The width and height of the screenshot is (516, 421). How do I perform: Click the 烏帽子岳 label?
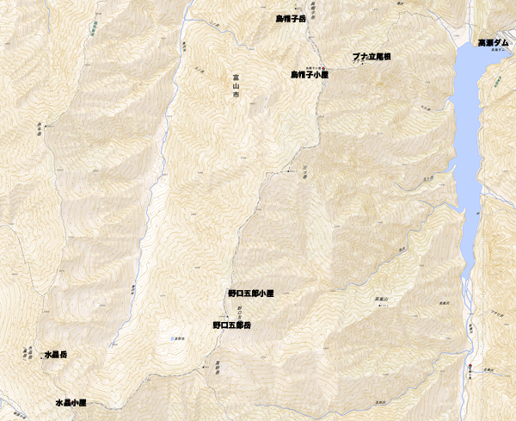click(292, 17)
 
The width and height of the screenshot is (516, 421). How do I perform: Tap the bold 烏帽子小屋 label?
click(310, 76)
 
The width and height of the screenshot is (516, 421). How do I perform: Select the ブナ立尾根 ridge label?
click(372, 57)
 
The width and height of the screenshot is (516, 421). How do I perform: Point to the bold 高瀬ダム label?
click(496, 42)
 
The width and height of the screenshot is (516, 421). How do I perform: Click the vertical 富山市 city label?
click(236, 89)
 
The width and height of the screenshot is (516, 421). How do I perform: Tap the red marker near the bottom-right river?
click(473, 368)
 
